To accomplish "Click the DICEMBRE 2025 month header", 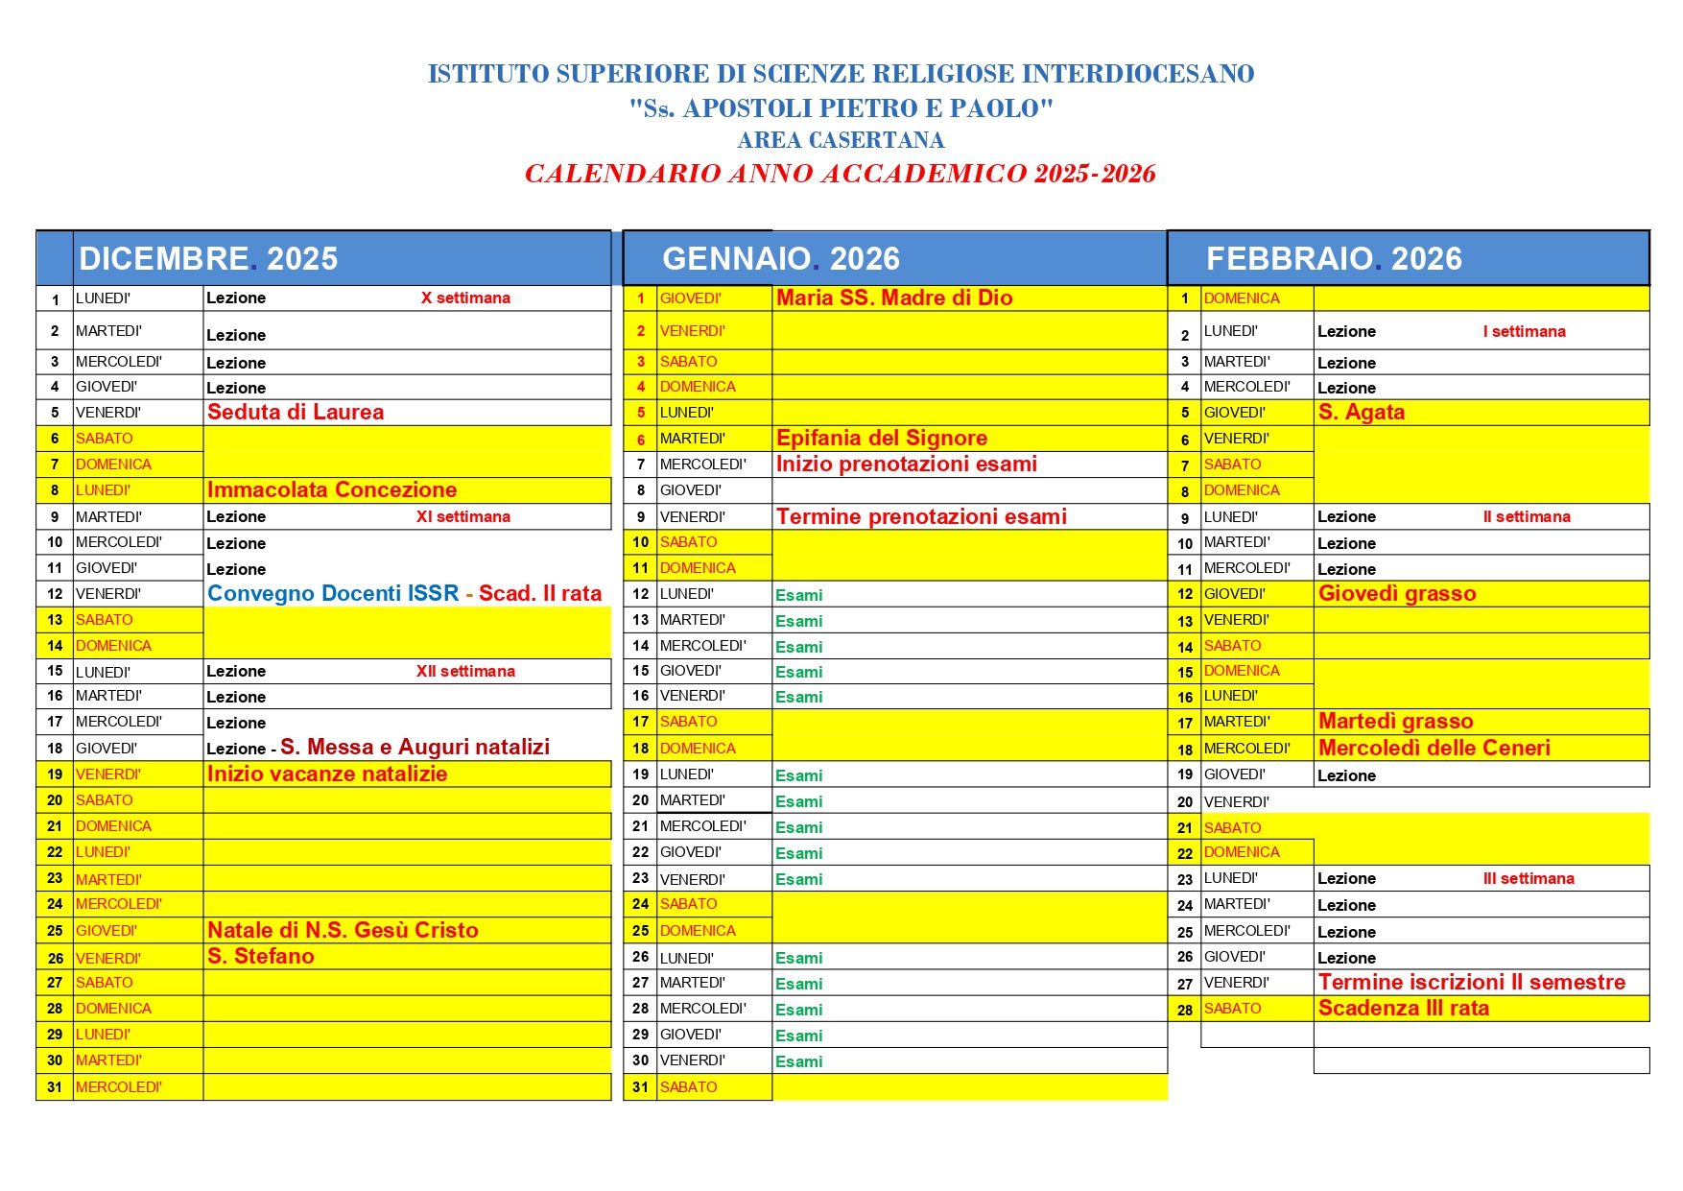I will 208,259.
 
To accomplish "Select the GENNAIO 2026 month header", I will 781,259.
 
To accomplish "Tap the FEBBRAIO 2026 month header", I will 1334,259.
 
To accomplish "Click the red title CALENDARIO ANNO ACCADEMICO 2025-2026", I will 840,174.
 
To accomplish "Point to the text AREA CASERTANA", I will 841,140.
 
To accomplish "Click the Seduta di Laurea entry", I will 296,413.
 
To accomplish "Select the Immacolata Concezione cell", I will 332,490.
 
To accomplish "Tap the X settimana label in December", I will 465,298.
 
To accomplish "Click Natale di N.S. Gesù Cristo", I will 343,930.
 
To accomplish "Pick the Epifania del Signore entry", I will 882,439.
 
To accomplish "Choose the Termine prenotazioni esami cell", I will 921,517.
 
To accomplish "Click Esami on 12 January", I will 799,595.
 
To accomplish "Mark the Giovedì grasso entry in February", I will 1397,594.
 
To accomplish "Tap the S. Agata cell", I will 1362,413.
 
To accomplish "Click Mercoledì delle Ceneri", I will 1434,749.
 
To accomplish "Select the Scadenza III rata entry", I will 1404,1009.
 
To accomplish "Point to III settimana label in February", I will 1529,879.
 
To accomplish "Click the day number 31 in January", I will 640,1087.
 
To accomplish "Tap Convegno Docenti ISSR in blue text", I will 333,594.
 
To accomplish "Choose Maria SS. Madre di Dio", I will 894,298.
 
